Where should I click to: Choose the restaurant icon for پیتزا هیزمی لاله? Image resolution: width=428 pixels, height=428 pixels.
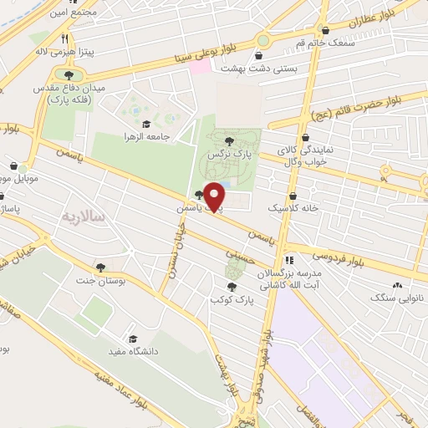pyautogui.click(x=64, y=38)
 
